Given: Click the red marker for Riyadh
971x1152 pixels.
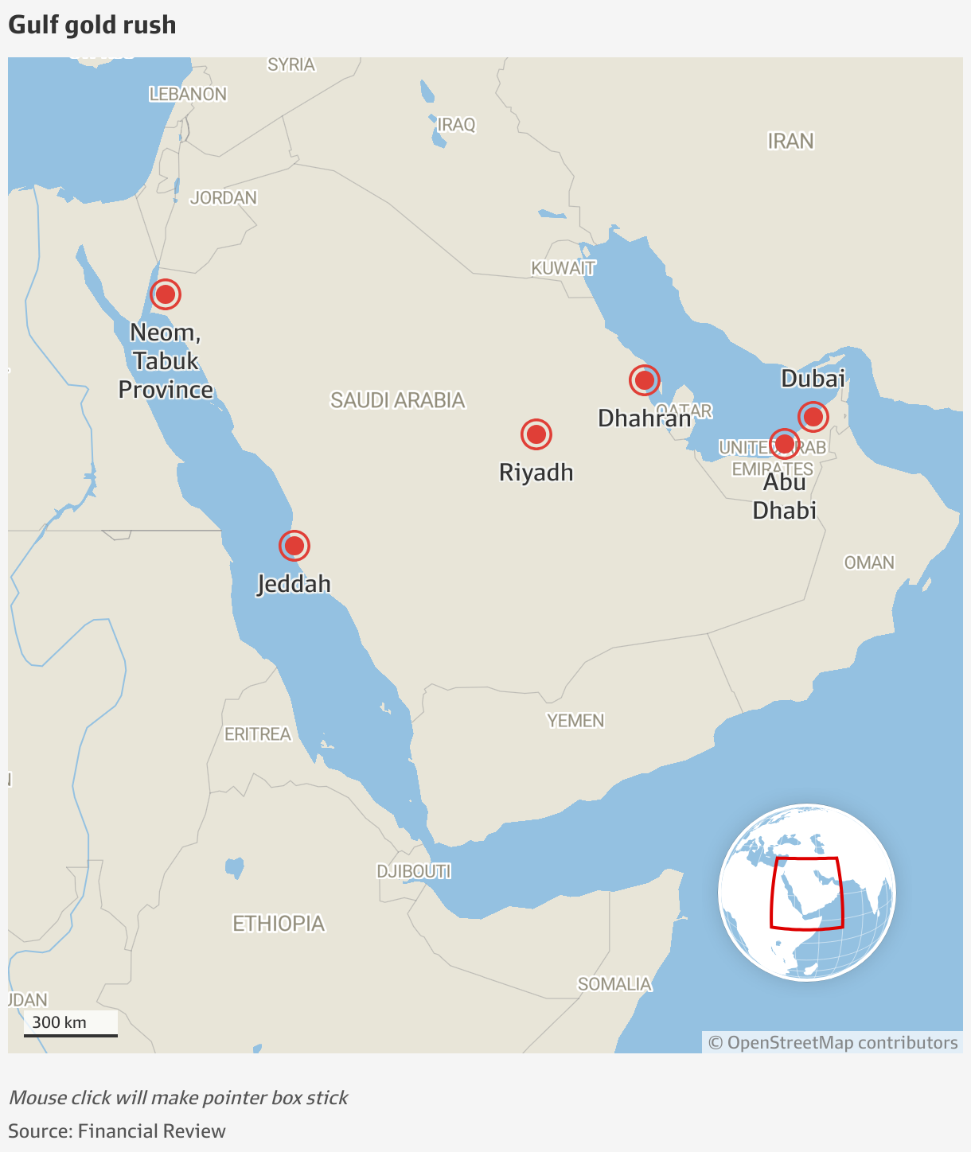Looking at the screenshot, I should coord(536,434).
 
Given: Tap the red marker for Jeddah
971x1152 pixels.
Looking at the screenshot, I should coord(294,546).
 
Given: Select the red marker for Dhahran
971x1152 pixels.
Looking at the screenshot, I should coord(644,380).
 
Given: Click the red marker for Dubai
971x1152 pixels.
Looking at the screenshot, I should coord(813,416).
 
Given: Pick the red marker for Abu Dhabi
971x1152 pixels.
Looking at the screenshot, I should coord(785,443).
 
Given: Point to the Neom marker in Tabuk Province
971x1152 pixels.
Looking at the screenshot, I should coord(166,294).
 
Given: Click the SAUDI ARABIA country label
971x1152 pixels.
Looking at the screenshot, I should coord(398,400).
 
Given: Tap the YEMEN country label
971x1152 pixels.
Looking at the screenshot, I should coord(575,721).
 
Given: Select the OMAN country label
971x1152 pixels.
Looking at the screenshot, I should coord(869,562).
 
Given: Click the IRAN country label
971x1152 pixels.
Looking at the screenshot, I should coord(790,142).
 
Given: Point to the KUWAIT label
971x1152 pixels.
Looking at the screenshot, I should coord(563,268).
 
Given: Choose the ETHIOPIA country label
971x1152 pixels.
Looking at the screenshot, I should coord(279,924).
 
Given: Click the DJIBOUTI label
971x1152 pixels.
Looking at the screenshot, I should coord(414,871).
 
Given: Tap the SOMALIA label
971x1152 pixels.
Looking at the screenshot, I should coord(614,984).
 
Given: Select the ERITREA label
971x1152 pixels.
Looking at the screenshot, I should coord(258,734).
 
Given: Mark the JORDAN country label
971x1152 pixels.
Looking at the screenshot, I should coord(224,197).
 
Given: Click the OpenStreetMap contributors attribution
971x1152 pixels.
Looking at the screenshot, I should coord(833,1043).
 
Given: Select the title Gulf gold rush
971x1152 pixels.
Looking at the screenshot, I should coord(92,25).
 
